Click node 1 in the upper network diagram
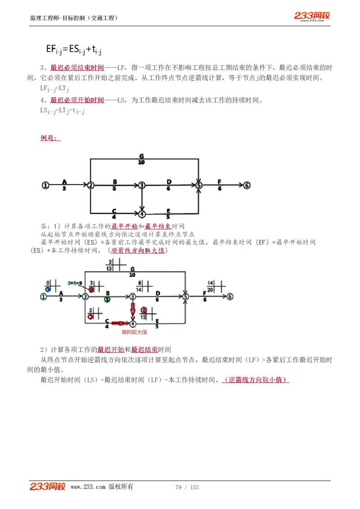tap(45, 185)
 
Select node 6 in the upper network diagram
tap(247, 185)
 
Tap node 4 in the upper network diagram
tap(142, 213)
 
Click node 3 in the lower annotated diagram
tap(132, 296)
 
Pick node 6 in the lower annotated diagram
tap(230, 296)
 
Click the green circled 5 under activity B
tap(107, 299)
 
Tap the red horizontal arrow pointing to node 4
tap(120, 323)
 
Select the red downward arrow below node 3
tap(133, 309)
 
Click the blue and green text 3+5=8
tap(75, 283)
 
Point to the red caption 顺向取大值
tap(134, 332)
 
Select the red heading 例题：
tap(50, 138)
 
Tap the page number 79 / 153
tap(187, 487)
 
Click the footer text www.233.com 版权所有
tap(102, 487)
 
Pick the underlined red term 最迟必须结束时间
tap(77, 68)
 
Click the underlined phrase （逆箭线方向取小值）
tap(255, 380)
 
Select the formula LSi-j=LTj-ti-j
tap(62, 111)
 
